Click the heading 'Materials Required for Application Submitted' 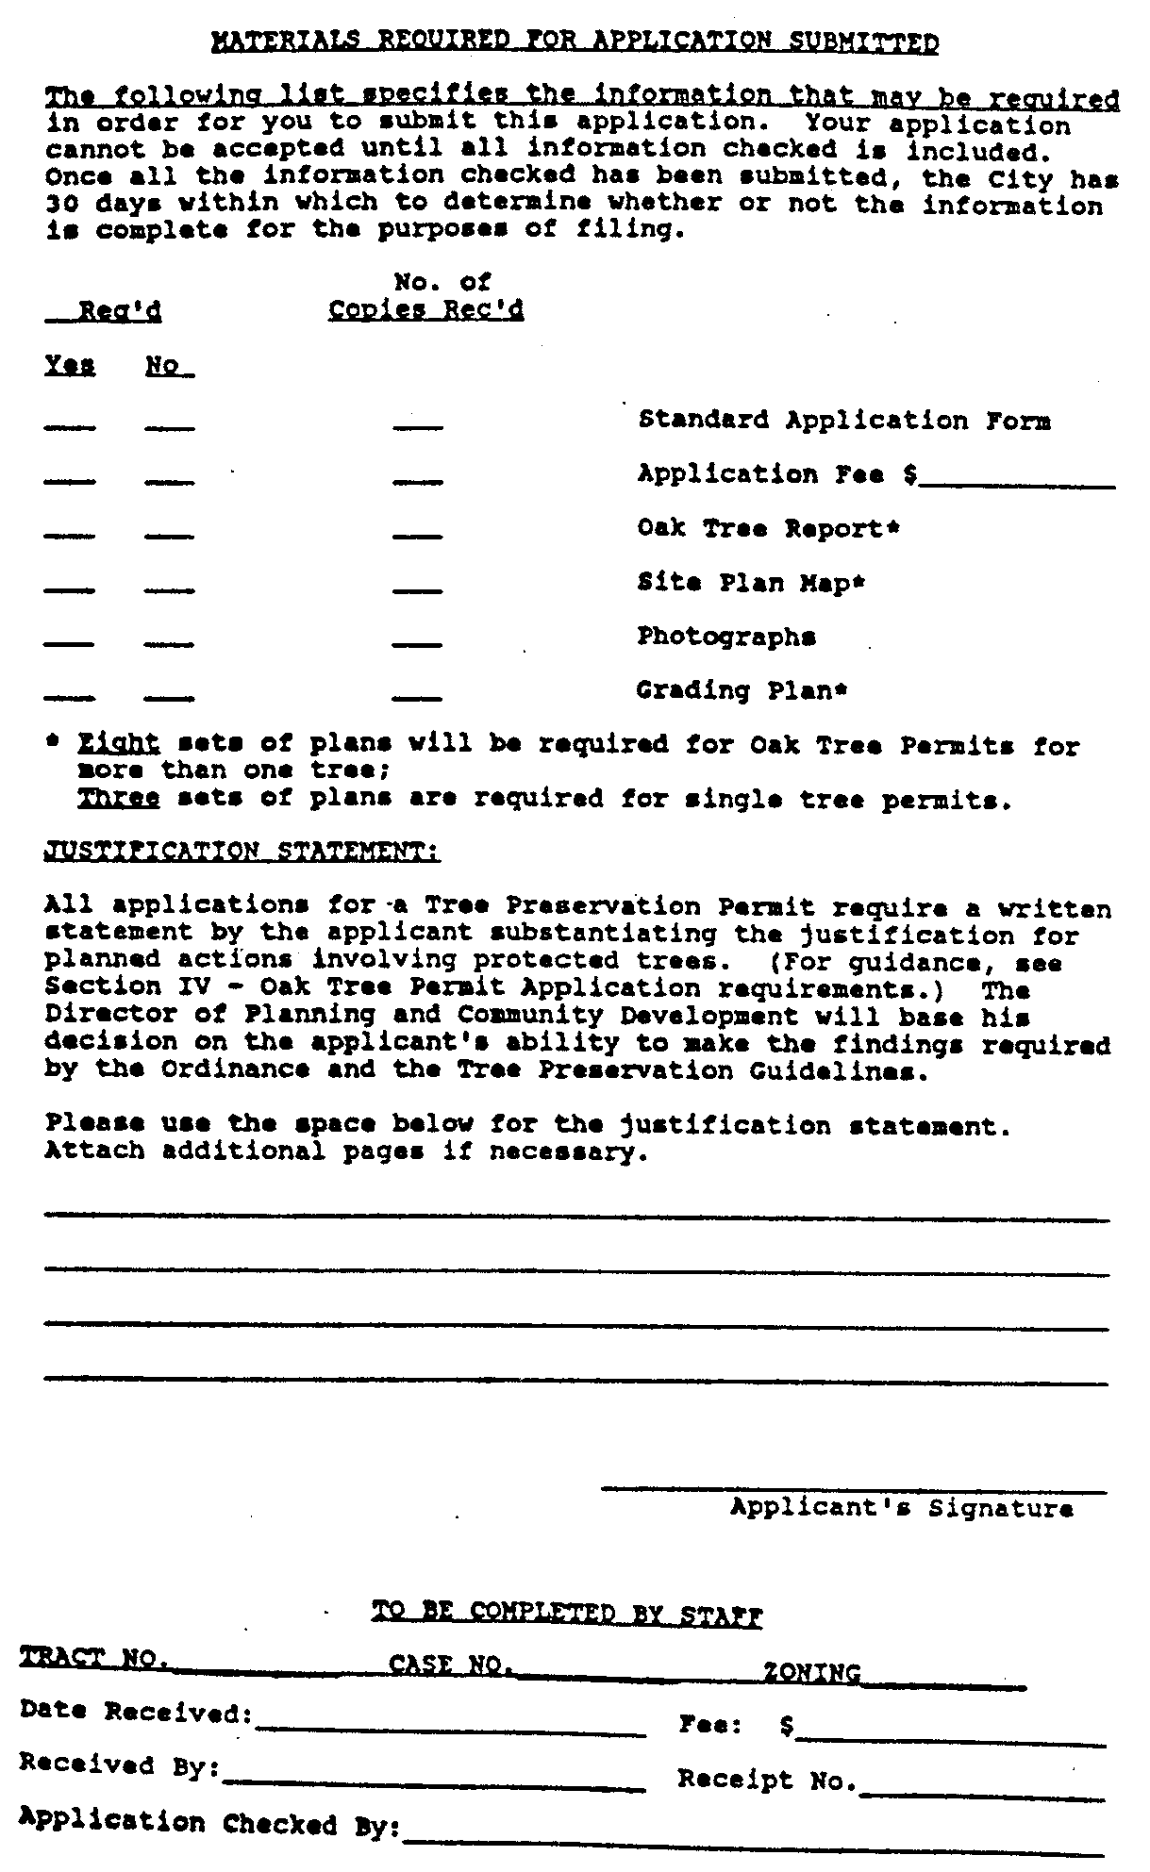(x=575, y=42)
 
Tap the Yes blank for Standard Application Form (x=70, y=429)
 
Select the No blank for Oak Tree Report (x=170, y=537)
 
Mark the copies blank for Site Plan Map (x=417, y=591)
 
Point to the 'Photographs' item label (x=726, y=637)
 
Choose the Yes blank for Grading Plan (x=70, y=698)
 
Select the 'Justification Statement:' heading (x=242, y=852)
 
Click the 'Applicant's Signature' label (x=901, y=1508)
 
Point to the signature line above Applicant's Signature (x=854, y=1491)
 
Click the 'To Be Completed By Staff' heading (x=567, y=1615)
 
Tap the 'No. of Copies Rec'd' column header (x=426, y=296)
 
